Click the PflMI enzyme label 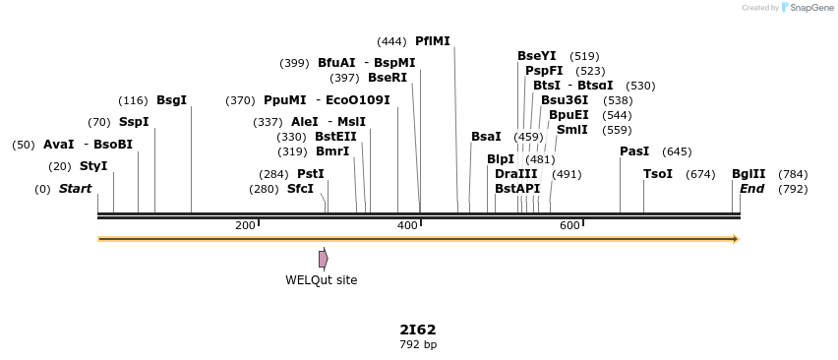432,41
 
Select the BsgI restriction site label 171,100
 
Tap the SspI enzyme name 134,122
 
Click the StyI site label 93,166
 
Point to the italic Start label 75,189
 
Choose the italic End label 751,189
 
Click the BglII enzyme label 748,174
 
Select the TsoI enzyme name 658,174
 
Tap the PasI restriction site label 634,151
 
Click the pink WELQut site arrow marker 323,259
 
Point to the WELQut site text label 322,280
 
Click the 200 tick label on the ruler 245,226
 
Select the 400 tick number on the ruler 407,226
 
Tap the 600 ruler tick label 569,226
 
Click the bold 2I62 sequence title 418,330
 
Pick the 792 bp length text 418,345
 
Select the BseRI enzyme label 387,78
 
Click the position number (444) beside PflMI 391,41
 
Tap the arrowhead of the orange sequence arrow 735,239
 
